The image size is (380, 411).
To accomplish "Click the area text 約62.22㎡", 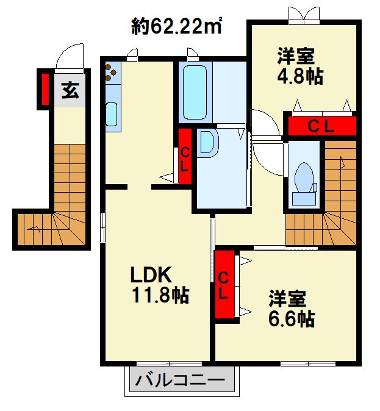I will click(176, 26).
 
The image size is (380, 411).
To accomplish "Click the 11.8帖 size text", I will click(160, 296).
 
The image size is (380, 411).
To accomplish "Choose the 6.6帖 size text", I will click(292, 319).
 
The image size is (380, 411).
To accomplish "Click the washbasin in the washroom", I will click(207, 143).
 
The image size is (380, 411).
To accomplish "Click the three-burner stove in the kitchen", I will click(111, 73).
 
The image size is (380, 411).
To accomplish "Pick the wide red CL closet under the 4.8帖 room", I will click(321, 127).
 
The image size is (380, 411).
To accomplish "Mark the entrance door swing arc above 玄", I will click(69, 57).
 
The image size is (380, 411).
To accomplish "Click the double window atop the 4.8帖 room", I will click(303, 15).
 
